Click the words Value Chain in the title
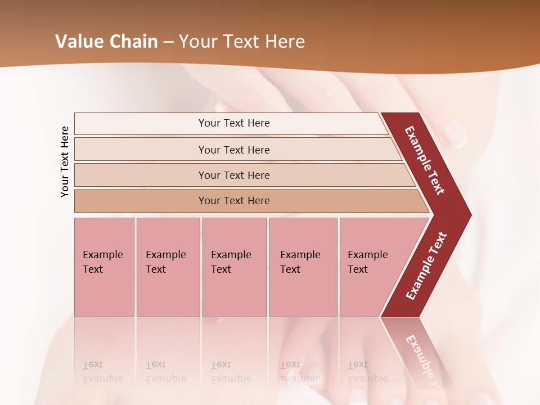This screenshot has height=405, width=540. pyautogui.click(x=106, y=42)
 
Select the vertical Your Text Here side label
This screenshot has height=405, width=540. pyautogui.click(x=65, y=161)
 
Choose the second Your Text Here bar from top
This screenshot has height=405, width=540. pyautogui.click(x=233, y=150)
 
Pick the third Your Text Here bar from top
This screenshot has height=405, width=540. pyautogui.click(x=233, y=175)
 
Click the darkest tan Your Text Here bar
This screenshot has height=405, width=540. pyautogui.click(x=233, y=201)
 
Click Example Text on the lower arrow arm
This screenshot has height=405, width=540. pyautogui.click(x=426, y=266)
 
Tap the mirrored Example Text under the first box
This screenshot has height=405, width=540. pyautogui.click(x=103, y=372)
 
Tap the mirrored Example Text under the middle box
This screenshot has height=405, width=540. pyautogui.click(x=231, y=372)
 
